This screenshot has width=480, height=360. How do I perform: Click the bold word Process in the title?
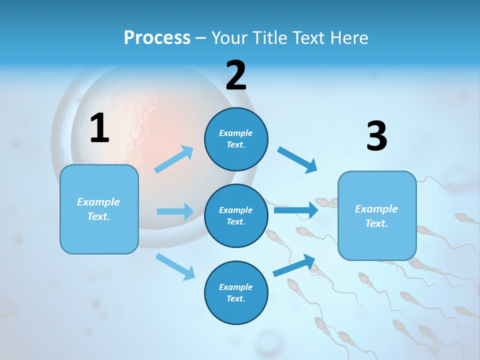point(157,37)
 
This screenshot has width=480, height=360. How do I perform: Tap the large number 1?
point(99,128)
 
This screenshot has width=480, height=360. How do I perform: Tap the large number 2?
point(236,75)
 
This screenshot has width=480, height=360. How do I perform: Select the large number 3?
point(376,136)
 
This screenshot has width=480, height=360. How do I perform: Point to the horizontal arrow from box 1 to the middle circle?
point(175,211)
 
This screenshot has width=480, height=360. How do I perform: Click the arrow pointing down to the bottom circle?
point(175,266)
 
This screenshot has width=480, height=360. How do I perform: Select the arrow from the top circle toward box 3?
point(297,160)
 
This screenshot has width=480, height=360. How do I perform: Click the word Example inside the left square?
point(98,202)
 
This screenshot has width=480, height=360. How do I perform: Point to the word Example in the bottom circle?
point(235,287)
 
